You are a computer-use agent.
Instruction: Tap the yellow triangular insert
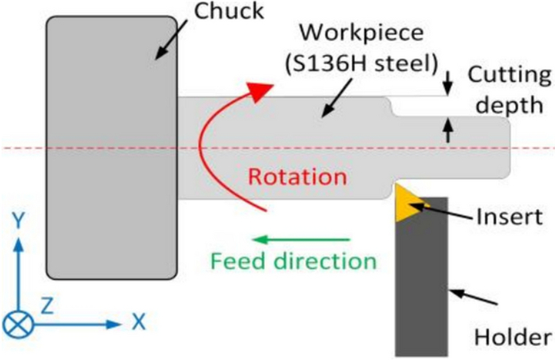pos(407,202)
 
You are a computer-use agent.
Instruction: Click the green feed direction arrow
pos(301,238)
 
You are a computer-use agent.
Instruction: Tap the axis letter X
pos(139,321)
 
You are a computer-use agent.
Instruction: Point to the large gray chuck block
pos(110,147)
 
